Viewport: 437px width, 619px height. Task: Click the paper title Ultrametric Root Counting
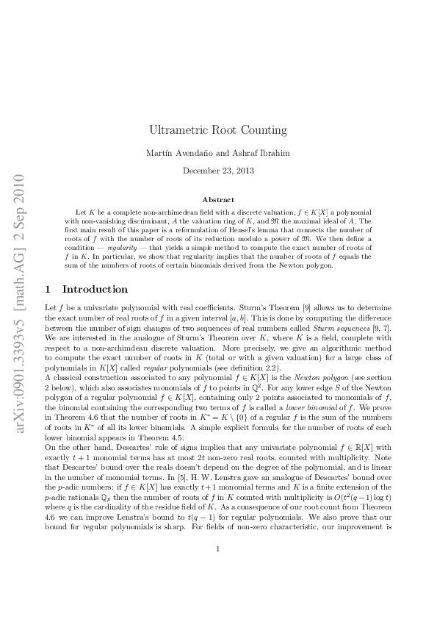pos(218,131)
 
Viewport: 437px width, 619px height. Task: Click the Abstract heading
pos(218,200)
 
